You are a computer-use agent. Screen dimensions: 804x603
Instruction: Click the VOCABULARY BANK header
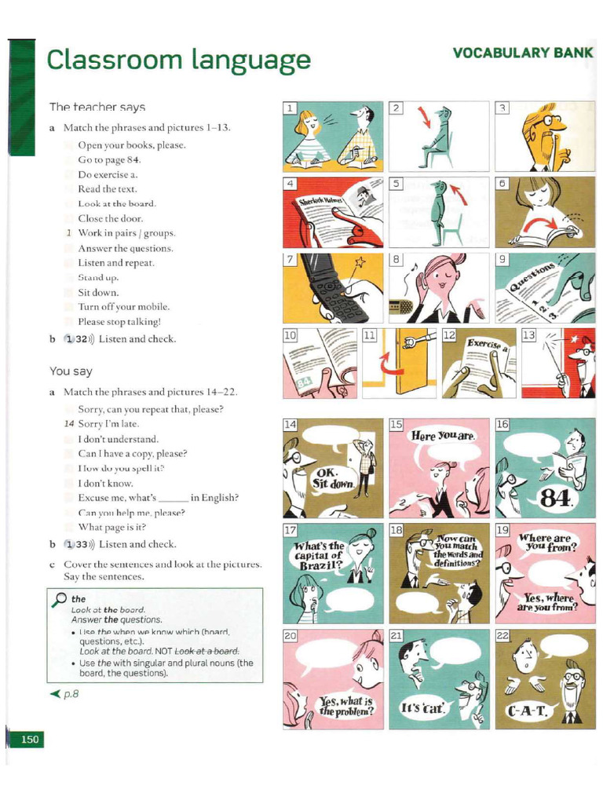[x=521, y=53]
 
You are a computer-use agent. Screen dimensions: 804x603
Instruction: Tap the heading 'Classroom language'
[x=178, y=60]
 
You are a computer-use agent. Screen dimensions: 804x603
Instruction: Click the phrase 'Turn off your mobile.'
[x=123, y=307]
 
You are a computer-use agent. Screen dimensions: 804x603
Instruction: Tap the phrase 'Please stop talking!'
[x=119, y=322]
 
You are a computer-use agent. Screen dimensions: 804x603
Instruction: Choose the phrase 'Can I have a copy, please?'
[x=133, y=454]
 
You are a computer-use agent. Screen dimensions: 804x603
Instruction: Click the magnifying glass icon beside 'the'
[x=57, y=600]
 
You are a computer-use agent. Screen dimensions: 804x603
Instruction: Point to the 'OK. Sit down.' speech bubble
[x=330, y=479]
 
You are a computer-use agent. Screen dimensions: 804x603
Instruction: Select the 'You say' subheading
[x=71, y=371]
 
